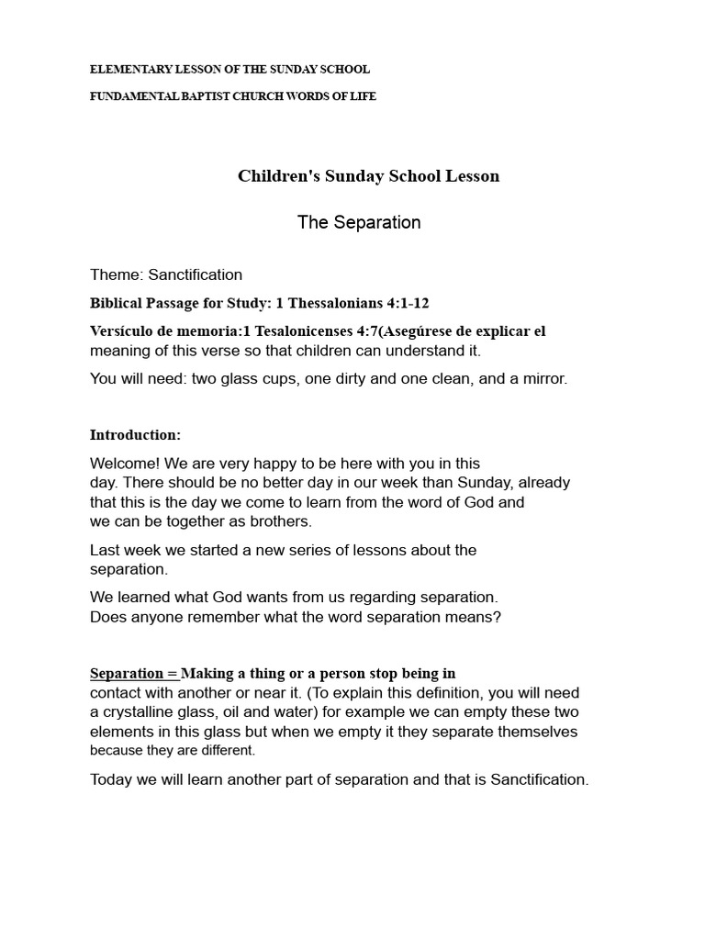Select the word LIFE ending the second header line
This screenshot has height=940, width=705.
point(364,96)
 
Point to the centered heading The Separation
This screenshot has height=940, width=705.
point(359,222)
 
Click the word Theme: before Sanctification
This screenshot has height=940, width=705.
point(117,274)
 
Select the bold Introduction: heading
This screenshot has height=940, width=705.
point(135,434)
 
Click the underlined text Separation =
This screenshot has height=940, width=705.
point(133,673)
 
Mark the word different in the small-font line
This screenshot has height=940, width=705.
point(226,750)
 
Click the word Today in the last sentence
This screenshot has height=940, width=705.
point(111,779)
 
